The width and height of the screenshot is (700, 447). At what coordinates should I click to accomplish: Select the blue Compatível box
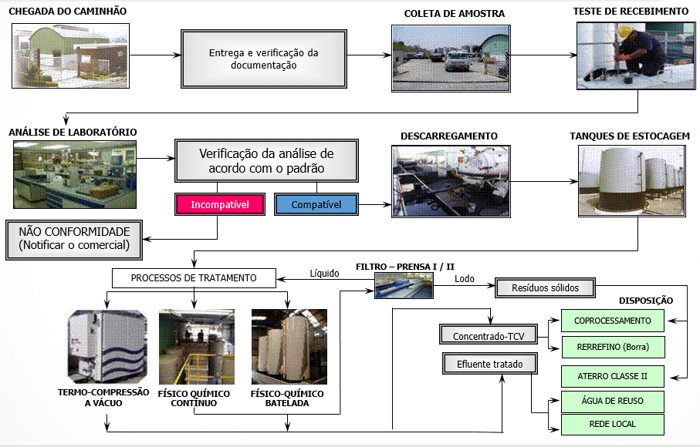(x=315, y=203)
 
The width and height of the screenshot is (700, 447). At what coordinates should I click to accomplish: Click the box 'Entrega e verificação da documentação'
(x=263, y=59)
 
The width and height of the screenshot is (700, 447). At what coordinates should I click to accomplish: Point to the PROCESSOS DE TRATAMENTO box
(x=194, y=277)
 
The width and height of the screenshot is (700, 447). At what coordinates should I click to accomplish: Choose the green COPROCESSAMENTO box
(x=614, y=321)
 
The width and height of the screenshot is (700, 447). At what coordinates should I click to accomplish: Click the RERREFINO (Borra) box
(x=614, y=348)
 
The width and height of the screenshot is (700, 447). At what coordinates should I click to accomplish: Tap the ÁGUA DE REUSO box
(x=614, y=401)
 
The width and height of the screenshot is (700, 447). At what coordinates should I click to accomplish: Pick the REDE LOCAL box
(x=614, y=425)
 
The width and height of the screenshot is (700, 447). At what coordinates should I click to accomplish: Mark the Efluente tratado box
(x=488, y=363)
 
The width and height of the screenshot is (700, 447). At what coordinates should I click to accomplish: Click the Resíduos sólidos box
(x=545, y=287)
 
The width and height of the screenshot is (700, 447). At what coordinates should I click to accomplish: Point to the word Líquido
(x=324, y=273)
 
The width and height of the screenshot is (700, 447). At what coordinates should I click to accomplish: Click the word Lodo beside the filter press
(x=465, y=279)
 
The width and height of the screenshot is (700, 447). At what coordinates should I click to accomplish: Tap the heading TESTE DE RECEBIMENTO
(x=631, y=13)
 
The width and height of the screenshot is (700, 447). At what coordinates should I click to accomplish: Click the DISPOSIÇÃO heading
(x=646, y=300)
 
